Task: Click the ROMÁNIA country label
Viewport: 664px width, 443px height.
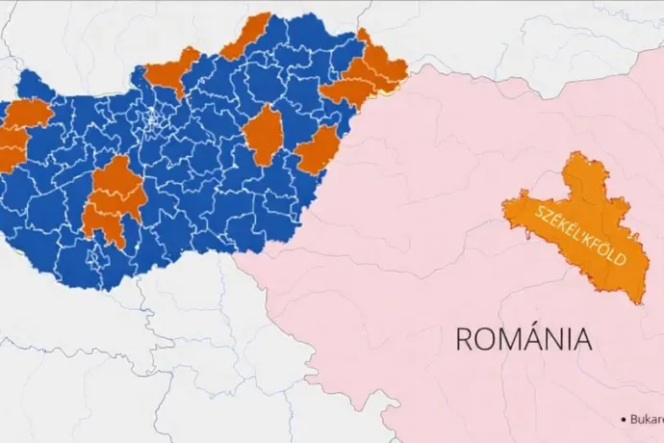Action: click(x=523, y=339)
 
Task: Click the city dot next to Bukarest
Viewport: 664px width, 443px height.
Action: click(x=624, y=420)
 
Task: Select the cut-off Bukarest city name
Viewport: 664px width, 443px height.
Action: click(x=647, y=420)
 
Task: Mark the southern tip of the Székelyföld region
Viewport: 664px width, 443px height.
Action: click(x=636, y=301)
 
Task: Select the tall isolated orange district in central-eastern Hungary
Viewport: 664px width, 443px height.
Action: click(x=263, y=135)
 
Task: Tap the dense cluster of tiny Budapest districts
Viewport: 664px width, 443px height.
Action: click(x=153, y=120)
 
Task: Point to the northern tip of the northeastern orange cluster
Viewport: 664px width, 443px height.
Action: click(x=363, y=36)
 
